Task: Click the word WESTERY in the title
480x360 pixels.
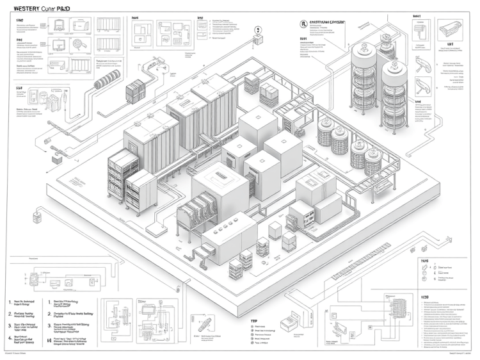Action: click(24, 9)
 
